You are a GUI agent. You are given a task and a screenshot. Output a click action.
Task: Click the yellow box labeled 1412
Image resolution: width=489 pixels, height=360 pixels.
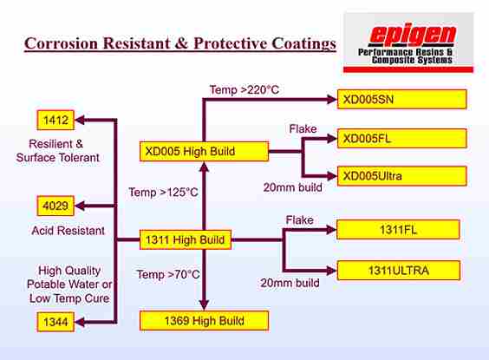coord(55,120)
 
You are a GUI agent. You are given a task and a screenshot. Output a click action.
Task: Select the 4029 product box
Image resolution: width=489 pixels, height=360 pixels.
coord(55,206)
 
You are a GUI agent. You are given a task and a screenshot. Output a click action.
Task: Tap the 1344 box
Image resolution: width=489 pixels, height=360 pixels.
coord(55,322)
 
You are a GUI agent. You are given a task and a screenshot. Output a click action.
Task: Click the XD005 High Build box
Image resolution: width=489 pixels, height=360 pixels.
coord(204,151)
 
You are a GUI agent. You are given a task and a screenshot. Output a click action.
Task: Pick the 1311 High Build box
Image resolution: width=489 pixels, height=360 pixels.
coord(186,240)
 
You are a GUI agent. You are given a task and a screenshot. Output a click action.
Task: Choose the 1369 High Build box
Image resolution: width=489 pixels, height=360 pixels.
coord(204,321)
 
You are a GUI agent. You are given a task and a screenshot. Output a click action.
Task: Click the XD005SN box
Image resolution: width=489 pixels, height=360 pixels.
coord(402,100)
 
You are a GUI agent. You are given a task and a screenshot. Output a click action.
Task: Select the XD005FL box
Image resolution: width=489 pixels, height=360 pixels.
coord(402,139)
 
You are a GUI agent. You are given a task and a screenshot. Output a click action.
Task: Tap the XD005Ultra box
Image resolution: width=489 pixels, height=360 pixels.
coord(402,176)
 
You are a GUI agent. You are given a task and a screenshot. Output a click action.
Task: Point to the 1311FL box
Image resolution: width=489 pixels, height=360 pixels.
coord(398,230)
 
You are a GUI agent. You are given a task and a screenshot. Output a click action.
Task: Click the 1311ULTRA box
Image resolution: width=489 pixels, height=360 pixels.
coord(398,271)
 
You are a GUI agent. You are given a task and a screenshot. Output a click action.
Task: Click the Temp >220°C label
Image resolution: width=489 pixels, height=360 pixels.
coord(244,90)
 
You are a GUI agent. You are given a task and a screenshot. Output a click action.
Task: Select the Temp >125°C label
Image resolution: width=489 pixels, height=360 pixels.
coord(163,193)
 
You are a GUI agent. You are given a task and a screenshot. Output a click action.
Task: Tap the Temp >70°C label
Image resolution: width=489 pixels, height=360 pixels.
coord(168,274)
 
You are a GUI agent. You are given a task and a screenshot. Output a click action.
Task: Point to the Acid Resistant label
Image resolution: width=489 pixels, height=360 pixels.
coord(68,231)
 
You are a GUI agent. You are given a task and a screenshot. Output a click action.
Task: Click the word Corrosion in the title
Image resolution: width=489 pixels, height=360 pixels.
coord(61,43)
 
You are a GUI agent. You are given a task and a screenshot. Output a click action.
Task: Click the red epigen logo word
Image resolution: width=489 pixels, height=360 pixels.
coord(412,35)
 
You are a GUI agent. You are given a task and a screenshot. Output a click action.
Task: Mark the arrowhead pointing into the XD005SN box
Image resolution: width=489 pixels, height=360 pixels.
coord(331,100)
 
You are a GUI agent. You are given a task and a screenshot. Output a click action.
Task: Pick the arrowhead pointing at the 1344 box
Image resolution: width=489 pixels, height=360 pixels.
coord(80,322)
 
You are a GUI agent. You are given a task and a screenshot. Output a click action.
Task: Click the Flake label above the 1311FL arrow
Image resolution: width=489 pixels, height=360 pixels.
coord(300,220)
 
